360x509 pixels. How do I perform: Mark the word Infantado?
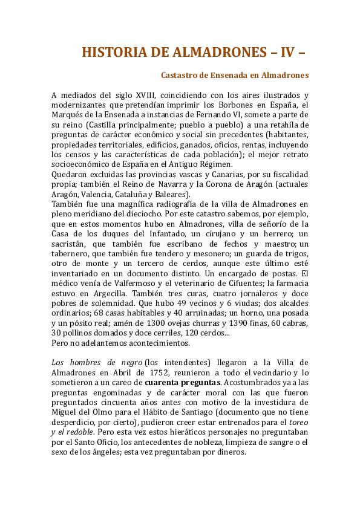(x=159, y=233)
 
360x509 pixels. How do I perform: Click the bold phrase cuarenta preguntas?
(x=183, y=381)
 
